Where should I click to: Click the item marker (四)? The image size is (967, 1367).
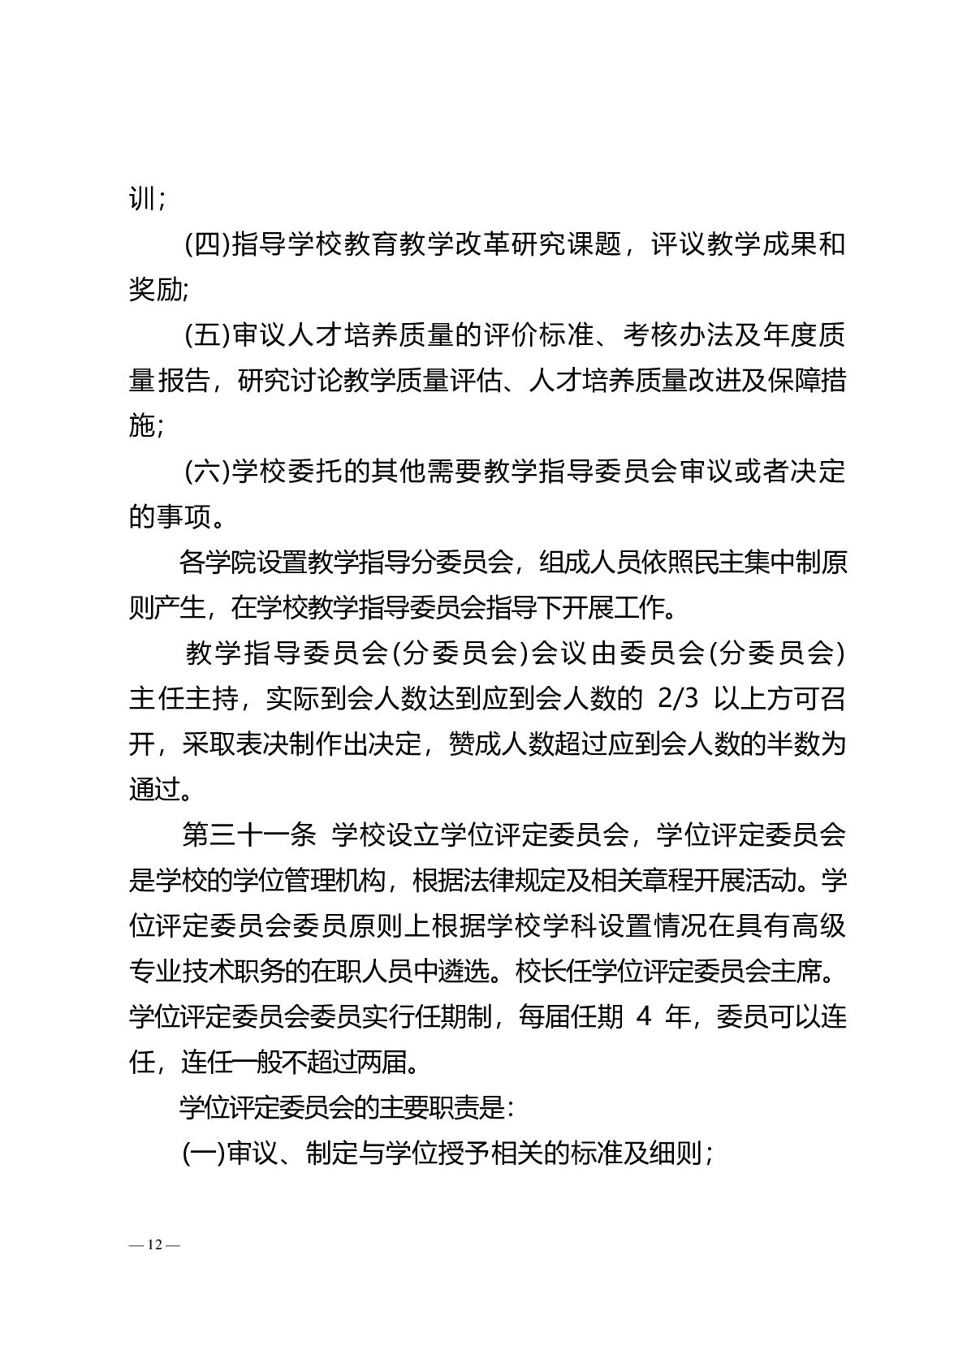click(208, 244)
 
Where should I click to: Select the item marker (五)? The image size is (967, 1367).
click(208, 334)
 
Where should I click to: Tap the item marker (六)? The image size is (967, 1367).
click(208, 471)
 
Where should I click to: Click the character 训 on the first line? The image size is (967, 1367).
click(141, 199)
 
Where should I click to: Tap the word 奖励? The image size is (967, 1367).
click(155, 290)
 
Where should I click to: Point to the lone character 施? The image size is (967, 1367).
click(141, 425)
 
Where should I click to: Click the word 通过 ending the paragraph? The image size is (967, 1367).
click(155, 789)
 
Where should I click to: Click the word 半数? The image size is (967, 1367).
click(792, 744)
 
